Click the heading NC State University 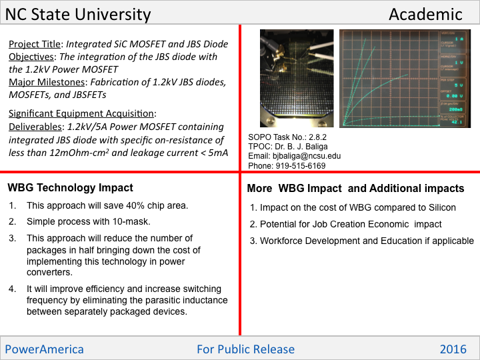coord(78,14)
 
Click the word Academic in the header coord(425,14)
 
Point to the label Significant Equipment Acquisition coord(82,113)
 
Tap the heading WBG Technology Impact coord(71,188)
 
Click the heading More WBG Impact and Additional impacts coord(355,189)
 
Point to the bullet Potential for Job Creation coord(351,225)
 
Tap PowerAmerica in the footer coord(45,349)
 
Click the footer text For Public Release coord(245,349)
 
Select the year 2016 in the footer coord(454,349)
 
